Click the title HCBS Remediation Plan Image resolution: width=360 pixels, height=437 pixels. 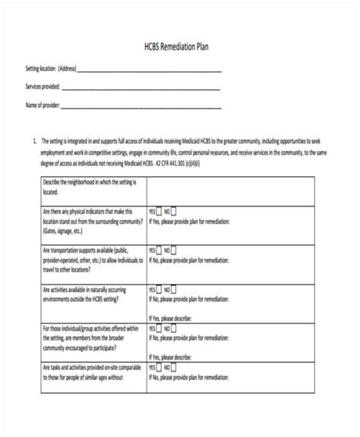178,46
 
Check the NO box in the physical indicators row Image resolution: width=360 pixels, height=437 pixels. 174,212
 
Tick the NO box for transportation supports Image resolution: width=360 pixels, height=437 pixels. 174,249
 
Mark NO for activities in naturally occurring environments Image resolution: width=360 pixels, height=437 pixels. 174,289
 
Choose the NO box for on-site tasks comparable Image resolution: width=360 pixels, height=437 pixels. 174,368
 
